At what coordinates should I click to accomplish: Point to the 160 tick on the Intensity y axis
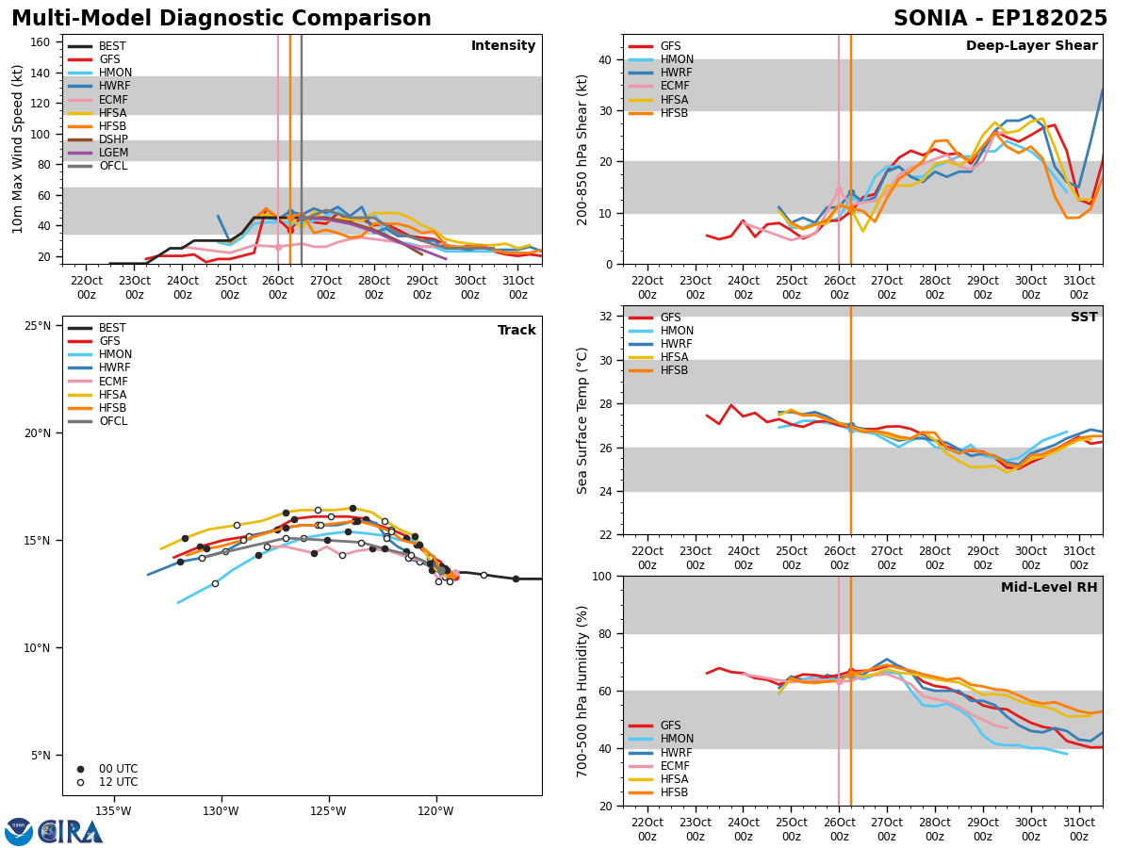click(41, 42)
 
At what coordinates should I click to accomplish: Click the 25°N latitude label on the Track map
click(38, 326)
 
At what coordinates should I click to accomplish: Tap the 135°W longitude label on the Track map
click(113, 811)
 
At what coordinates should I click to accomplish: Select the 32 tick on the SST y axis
click(606, 317)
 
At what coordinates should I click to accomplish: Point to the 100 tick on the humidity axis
click(602, 577)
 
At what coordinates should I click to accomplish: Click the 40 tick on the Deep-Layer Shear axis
click(606, 60)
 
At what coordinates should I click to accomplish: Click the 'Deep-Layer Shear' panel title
click(1031, 46)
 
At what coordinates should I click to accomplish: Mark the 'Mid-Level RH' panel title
click(1049, 587)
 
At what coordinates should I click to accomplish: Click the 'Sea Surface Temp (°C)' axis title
click(582, 421)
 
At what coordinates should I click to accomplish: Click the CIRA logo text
click(71, 832)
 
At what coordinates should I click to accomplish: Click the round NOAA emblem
click(19, 832)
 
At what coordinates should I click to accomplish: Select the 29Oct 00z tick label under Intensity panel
click(422, 287)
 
